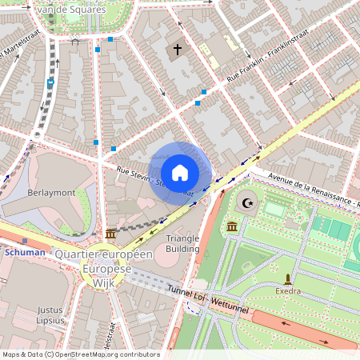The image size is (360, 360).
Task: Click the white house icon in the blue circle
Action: click(x=180, y=173)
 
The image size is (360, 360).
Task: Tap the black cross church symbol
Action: click(x=177, y=50)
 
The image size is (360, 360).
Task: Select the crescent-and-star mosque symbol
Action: click(x=247, y=204)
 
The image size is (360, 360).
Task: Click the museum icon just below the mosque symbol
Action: click(x=231, y=227)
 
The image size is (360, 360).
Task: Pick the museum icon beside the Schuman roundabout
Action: click(x=110, y=234)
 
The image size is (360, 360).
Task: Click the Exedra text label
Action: click(x=288, y=290)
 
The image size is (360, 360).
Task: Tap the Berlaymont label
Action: click(x=51, y=193)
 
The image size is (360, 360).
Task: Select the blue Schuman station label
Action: click(x=24, y=252)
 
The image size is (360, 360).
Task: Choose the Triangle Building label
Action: click(x=182, y=243)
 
